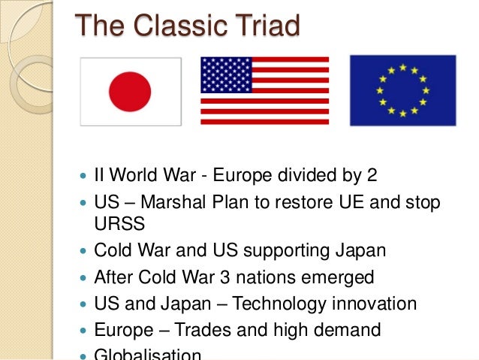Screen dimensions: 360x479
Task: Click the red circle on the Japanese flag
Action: coord(131,91)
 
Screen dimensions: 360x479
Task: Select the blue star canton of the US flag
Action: coord(226,74)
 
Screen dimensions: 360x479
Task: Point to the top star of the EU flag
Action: coord(402,67)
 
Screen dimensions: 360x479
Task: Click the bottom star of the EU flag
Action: coord(402,113)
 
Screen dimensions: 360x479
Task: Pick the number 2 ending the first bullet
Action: coord(371,176)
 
